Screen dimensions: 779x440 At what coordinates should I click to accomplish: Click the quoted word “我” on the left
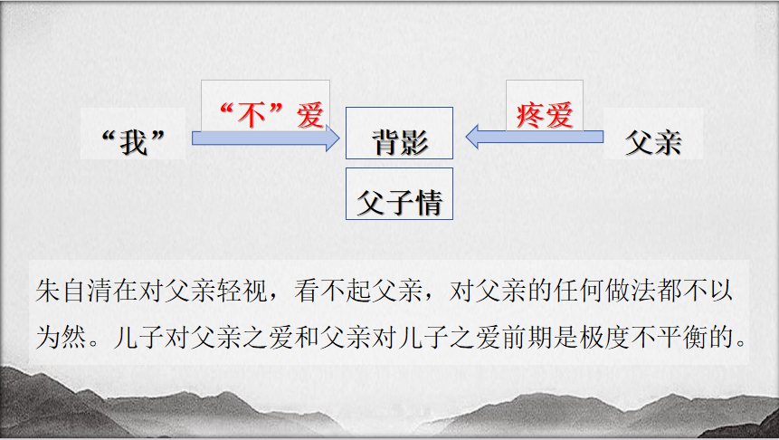click(133, 143)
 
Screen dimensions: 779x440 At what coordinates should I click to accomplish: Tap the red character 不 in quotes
click(252, 115)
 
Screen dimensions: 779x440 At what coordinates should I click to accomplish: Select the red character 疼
click(530, 116)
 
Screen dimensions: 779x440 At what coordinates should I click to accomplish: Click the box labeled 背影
click(399, 133)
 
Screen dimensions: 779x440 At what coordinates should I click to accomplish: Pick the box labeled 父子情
click(399, 194)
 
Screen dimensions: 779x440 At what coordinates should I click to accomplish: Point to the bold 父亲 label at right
click(653, 143)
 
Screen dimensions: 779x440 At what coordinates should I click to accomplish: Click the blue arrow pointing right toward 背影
click(266, 139)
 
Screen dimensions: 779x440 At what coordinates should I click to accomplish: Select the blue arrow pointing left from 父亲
click(535, 137)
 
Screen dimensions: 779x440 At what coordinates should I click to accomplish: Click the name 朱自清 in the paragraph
click(74, 291)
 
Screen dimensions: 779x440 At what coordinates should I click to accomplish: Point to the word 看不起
click(333, 291)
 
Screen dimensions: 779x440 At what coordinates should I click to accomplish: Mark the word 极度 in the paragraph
click(604, 338)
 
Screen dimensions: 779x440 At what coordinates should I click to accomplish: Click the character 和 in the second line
click(307, 338)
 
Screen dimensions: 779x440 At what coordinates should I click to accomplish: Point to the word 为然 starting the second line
click(62, 338)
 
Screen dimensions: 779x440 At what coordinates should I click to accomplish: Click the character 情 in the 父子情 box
click(428, 203)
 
